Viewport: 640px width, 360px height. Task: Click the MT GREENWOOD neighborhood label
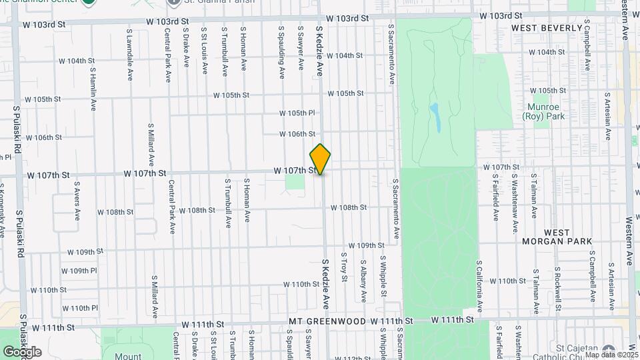pyautogui.click(x=325, y=321)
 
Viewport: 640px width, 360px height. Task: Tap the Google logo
pyautogui.click(x=22, y=351)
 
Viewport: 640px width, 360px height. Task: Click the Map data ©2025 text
pyautogui.click(x=611, y=355)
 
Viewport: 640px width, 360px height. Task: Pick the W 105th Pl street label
pyautogui.click(x=297, y=113)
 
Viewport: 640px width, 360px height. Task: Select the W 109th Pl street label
pyautogui.click(x=79, y=271)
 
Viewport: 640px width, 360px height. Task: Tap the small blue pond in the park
pyautogui.click(x=435, y=117)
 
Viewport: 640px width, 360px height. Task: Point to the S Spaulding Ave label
pyautogui.click(x=282, y=50)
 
